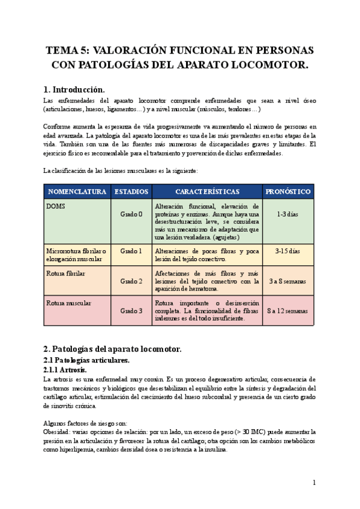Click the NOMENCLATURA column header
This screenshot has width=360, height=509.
click(x=77, y=191)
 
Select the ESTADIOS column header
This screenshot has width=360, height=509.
click(x=131, y=191)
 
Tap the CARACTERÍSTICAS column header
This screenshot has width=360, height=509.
click(x=207, y=191)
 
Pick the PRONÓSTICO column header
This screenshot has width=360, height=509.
click(x=288, y=191)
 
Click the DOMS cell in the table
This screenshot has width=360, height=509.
click(x=55, y=205)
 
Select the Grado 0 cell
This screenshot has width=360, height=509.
click(x=131, y=214)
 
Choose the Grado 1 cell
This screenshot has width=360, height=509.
click(x=131, y=251)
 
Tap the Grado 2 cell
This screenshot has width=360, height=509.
click(x=131, y=281)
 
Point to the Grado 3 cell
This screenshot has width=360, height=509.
click(x=131, y=311)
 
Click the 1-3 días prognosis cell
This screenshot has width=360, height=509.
click(x=288, y=214)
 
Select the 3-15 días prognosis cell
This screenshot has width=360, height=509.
click(x=288, y=251)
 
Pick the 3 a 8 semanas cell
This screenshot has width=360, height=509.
click(x=288, y=281)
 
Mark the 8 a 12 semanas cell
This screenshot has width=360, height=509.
click(x=288, y=311)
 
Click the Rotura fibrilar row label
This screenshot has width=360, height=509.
click(x=65, y=273)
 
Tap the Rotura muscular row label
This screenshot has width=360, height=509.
click(x=68, y=303)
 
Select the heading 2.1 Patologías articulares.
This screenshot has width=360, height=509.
click(x=87, y=360)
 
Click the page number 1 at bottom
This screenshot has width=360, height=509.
click(x=314, y=483)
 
